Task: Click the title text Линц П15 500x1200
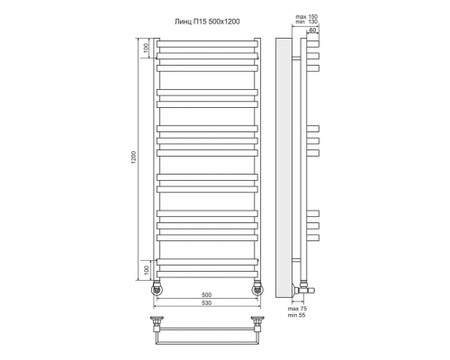click(207, 22)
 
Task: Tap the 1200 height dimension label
click(133, 157)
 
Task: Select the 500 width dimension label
click(207, 295)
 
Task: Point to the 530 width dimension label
click(207, 303)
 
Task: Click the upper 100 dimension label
click(146, 48)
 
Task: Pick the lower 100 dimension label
click(146, 270)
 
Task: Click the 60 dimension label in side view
click(312, 30)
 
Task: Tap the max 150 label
click(307, 17)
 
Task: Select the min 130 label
click(307, 22)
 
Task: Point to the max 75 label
click(297, 309)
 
